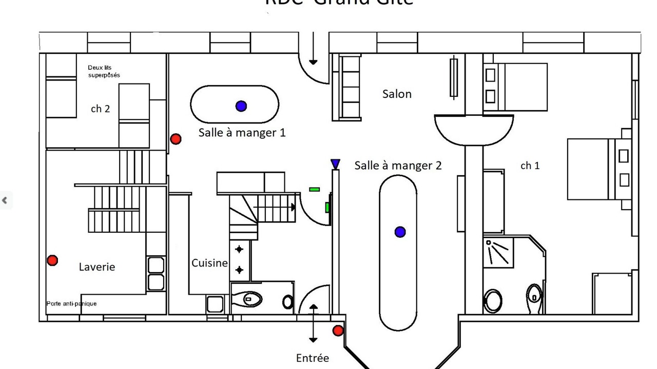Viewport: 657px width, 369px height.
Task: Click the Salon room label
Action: point(397,94)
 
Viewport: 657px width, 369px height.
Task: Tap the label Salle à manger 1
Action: point(242,133)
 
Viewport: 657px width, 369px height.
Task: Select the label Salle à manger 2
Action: point(398,166)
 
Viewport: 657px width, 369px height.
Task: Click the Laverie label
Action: point(97,267)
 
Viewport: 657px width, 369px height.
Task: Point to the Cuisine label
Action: point(209,263)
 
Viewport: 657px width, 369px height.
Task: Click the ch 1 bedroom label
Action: point(530,166)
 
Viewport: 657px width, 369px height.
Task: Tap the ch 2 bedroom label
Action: point(100,109)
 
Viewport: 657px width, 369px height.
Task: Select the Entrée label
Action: point(312,358)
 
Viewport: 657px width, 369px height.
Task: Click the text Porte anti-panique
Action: point(71,303)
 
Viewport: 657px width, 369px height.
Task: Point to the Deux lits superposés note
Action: point(104,71)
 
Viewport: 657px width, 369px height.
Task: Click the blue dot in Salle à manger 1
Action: point(241,106)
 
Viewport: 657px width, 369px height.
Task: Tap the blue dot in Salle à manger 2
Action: point(400,232)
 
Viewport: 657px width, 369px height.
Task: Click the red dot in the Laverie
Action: point(52,260)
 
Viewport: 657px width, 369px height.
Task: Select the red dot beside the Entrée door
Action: point(338,331)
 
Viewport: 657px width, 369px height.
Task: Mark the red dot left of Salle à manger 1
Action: point(176,139)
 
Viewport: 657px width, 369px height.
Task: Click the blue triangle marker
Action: point(335,163)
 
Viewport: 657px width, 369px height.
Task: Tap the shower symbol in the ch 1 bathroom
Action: point(498,252)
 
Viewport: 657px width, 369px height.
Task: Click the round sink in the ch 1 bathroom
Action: point(493,301)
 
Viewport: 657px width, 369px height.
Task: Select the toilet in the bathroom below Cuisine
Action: point(252,298)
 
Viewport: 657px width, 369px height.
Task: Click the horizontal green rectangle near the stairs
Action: point(314,189)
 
